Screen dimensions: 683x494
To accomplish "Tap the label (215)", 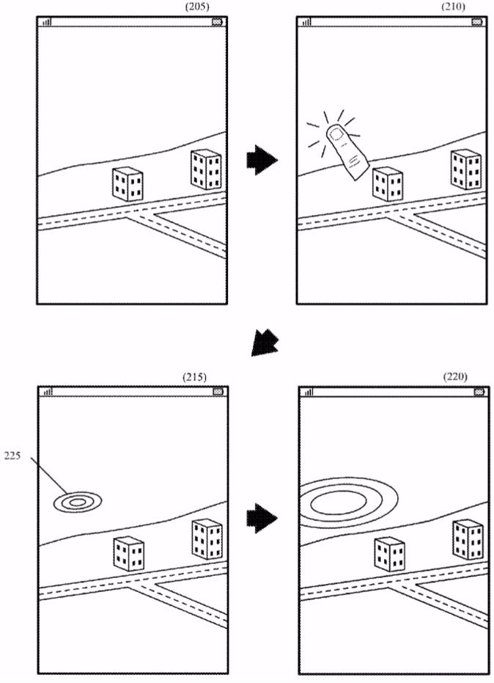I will coord(195,376).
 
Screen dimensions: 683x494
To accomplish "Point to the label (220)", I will coord(455,376).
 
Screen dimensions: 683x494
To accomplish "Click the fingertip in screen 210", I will coord(338,135).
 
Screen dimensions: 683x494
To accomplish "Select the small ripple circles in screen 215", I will coord(77,502).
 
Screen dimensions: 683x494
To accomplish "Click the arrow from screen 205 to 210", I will coord(261,159).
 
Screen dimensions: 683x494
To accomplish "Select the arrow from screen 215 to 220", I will coord(261,519).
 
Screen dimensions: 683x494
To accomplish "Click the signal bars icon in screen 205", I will coord(47,22).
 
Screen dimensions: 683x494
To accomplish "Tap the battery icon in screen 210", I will coord(477,22).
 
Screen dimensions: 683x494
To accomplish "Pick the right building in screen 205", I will coord(206,168).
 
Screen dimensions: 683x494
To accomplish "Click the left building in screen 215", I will coord(128,553).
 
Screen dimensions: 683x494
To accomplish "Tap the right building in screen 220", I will coord(468,538).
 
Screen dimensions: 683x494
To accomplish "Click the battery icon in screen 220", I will coord(479,392).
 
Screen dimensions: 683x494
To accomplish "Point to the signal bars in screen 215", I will coord(47,392).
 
